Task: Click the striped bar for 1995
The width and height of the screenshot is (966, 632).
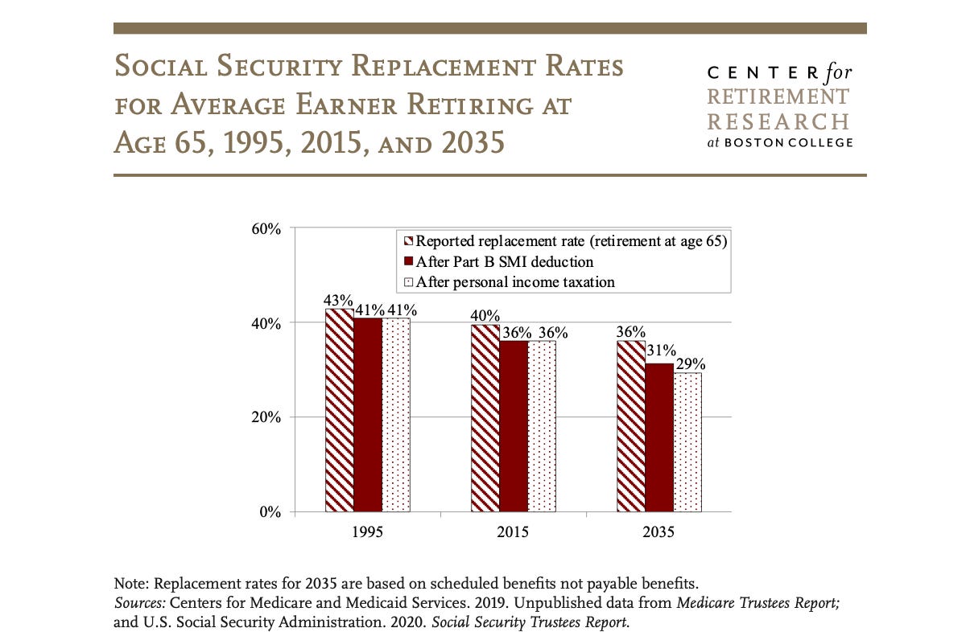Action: pos(339,410)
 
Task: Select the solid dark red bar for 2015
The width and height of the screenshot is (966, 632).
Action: pos(514,426)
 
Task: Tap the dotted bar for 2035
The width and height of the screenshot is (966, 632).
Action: pos(687,442)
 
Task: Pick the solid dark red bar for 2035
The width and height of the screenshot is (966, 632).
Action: pos(659,437)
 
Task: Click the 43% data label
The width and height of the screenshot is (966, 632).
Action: pos(339,300)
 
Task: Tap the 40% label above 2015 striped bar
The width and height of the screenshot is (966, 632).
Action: pos(485,316)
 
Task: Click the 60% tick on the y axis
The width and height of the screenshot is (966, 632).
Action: pos(266,229)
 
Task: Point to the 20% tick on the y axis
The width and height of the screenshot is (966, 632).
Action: pos(266,418)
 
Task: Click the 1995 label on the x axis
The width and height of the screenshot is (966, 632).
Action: pos(367,532)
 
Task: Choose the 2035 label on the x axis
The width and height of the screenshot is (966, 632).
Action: pos(658,532)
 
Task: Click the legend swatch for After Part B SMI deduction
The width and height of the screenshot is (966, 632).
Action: pos(408,262)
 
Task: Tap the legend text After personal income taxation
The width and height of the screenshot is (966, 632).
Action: pos(515,282)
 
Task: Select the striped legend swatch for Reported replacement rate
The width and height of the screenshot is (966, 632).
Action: pos(408,241)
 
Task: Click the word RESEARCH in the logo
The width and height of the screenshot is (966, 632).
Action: pos(778,121)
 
